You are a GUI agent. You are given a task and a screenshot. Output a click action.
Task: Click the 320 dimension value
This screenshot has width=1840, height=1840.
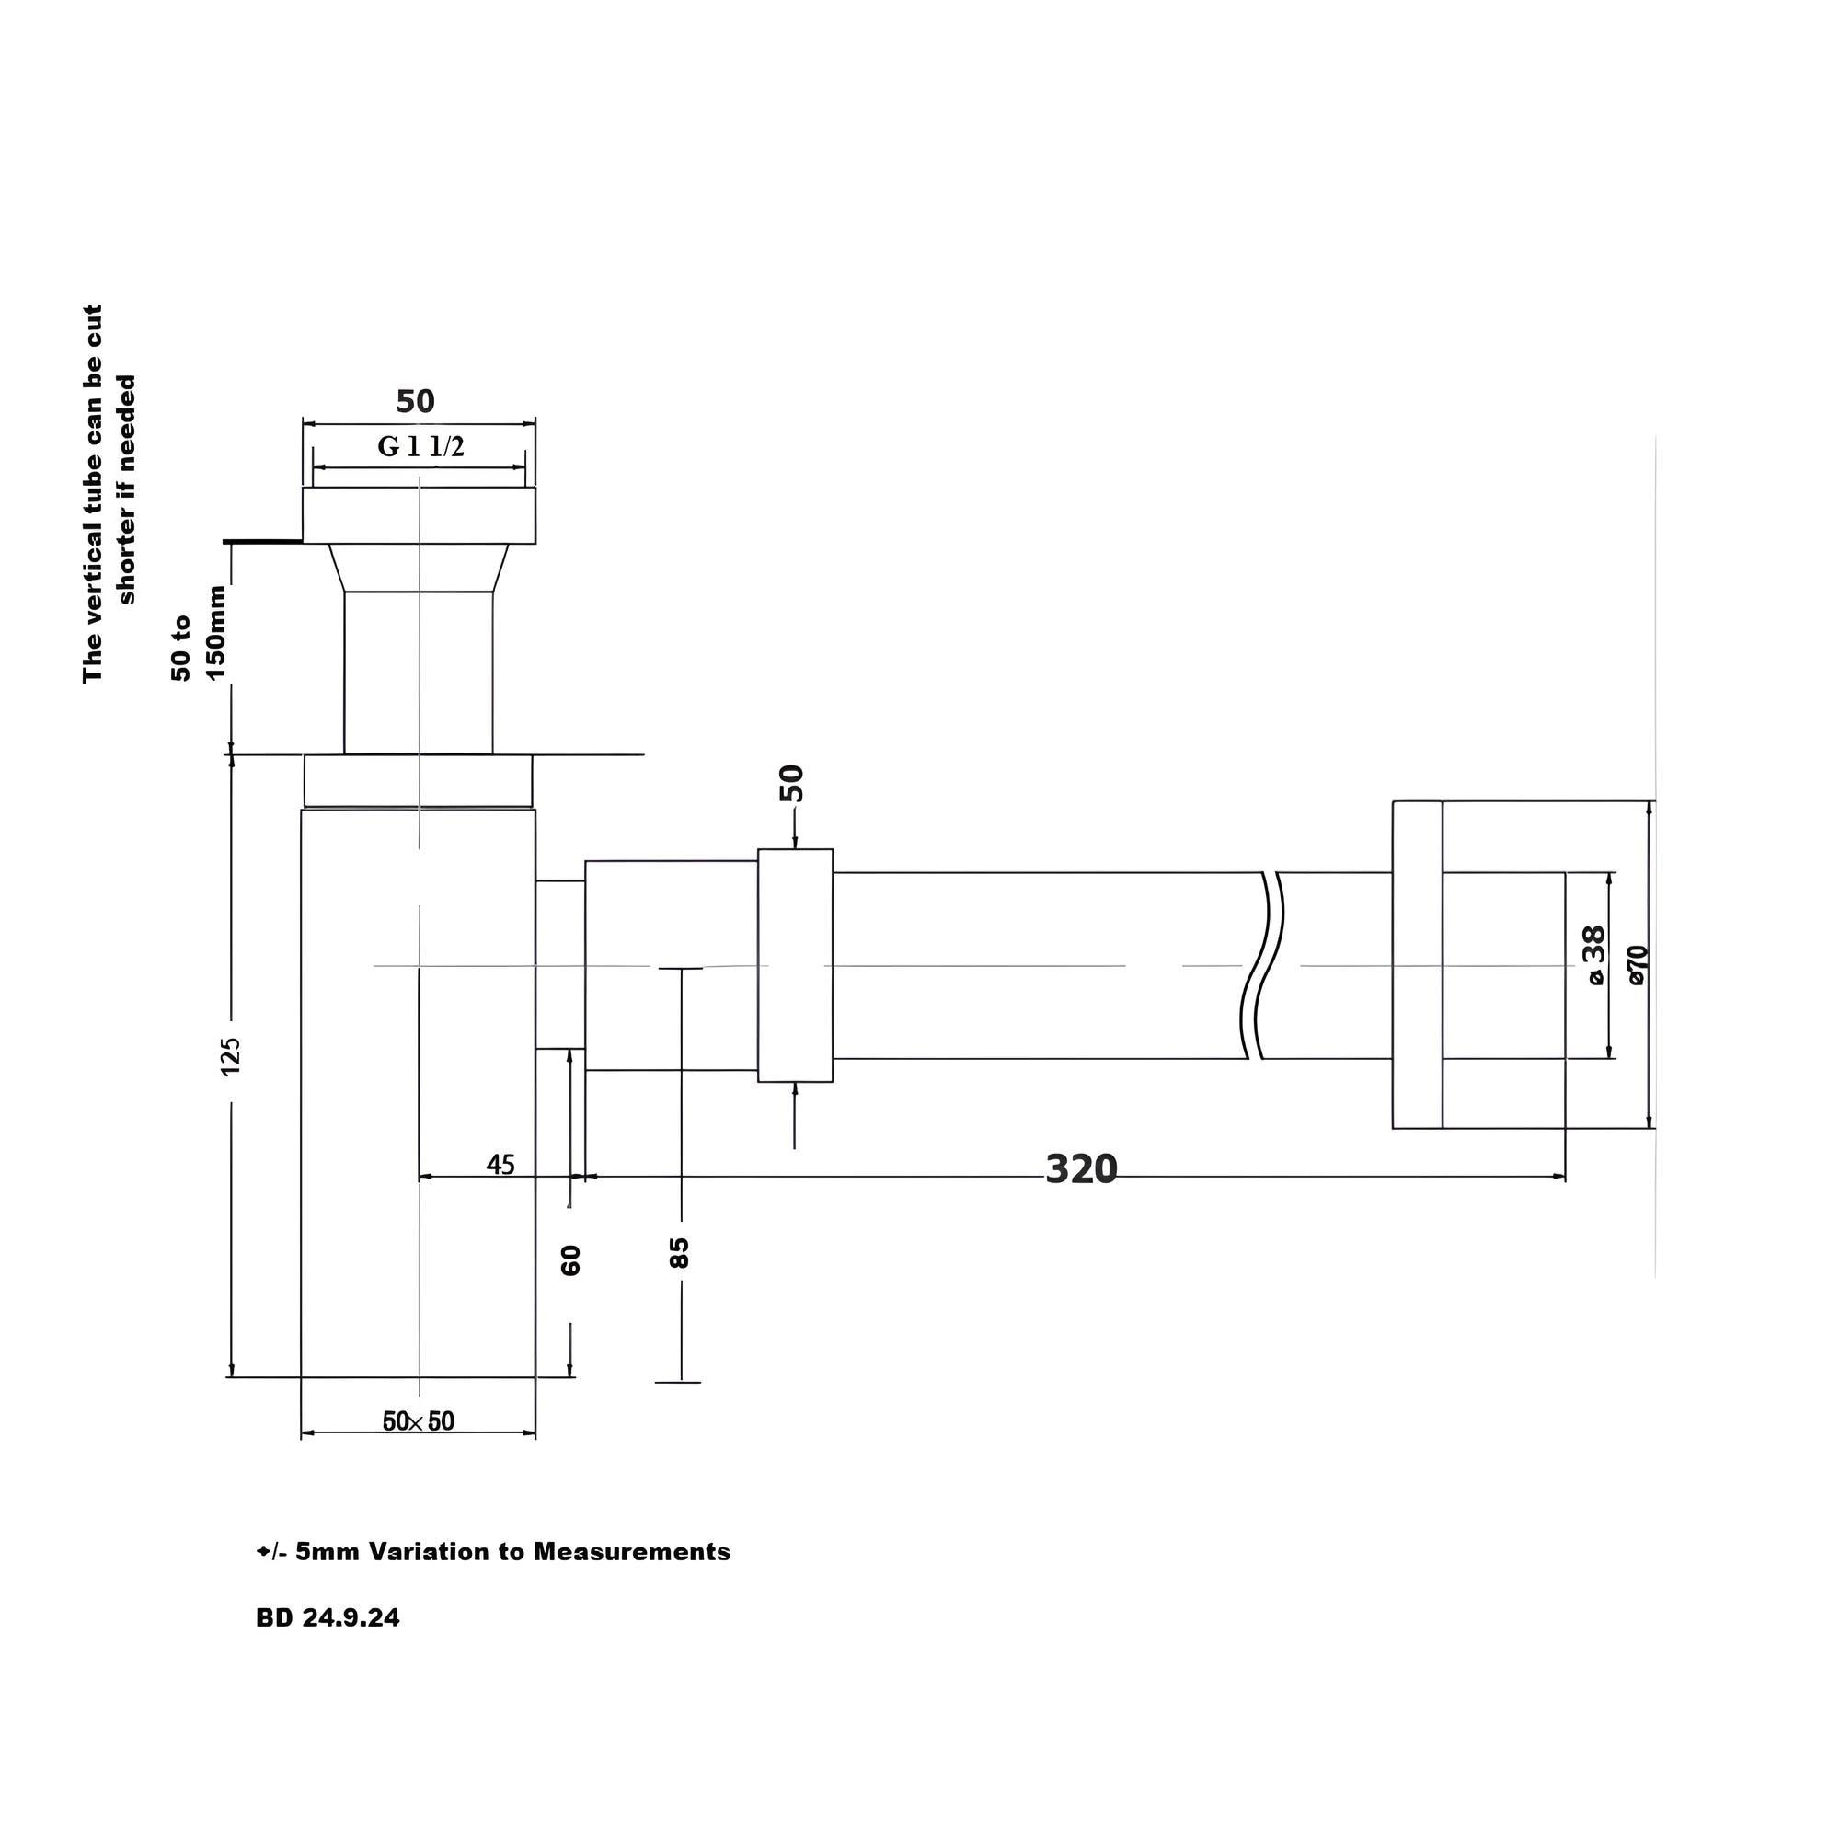1081,1168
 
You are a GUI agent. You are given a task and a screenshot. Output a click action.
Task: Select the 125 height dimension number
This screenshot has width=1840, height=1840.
232,1056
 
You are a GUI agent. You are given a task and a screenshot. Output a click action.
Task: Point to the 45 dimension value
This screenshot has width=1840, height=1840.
500,1164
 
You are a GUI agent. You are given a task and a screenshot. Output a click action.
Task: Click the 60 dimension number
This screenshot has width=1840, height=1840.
570,1260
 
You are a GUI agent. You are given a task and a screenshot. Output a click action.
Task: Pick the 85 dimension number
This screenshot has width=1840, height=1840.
679,1252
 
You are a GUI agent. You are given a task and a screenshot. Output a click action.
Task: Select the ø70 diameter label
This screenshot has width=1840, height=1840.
1638,964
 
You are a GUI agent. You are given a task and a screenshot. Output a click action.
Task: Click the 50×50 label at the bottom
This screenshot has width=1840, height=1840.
418,1422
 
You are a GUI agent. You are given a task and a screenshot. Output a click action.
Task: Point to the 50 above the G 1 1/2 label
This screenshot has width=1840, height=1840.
415,401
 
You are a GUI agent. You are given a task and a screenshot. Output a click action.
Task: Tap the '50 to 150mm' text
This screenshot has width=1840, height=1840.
198,632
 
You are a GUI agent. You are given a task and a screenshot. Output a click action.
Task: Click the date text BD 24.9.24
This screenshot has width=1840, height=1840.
328,1618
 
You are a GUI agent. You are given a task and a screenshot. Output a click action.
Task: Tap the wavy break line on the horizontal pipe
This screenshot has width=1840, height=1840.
1262,965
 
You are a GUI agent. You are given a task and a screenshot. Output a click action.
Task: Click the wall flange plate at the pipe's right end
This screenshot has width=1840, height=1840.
1417,965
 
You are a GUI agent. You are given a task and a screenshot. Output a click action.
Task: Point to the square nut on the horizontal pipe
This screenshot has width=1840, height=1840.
795,965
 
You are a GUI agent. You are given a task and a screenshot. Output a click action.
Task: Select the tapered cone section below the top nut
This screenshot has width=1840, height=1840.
419,568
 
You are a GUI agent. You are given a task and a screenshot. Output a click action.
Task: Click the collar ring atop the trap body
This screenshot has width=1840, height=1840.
418,781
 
